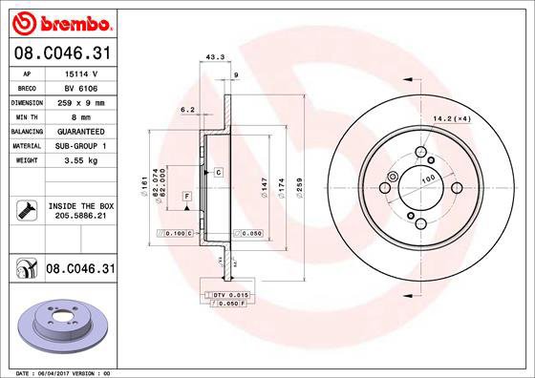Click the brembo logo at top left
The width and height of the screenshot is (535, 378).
pos(60,21)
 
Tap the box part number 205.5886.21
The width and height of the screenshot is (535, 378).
pos(80,217)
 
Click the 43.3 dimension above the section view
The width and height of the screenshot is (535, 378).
pos(215,57)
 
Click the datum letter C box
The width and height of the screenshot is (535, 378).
pos(218,172)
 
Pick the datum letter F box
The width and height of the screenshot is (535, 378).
pos(186,195)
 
